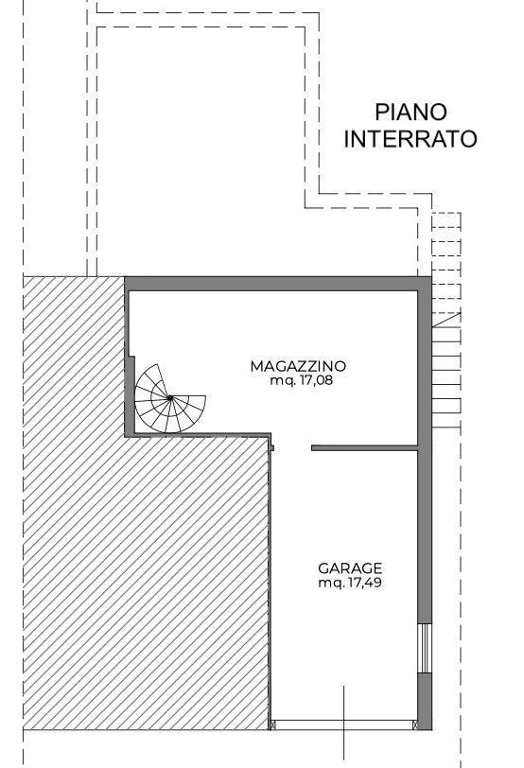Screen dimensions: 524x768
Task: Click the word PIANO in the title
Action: [410, 113]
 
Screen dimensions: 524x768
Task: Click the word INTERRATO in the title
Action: [410, 139]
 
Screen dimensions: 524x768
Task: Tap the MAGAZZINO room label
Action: [298, 366]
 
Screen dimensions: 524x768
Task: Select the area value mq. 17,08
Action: [301, 380]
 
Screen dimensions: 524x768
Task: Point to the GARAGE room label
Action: [350, 568]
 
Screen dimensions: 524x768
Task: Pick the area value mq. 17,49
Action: [350, 583]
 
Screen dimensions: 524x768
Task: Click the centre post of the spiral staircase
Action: [170, 397]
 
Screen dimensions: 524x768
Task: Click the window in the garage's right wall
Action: [425, 648]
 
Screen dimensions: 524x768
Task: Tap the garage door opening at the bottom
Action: [343, 724]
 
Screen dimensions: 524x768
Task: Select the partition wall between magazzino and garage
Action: [365, 447]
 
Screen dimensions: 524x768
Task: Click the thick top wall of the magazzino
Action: [278, 284]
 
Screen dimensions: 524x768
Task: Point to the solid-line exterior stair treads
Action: [446, 377]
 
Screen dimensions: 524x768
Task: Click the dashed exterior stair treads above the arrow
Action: [446, 262]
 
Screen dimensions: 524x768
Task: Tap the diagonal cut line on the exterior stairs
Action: [446, 320]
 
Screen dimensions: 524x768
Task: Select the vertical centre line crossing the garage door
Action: [343, 723]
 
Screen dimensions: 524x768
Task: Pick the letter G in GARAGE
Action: [323, 568]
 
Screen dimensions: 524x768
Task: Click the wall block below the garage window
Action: [425, 702]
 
